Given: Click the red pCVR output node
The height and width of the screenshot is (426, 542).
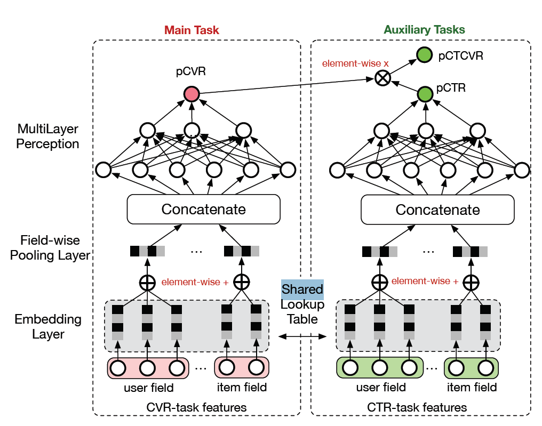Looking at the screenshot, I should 191,95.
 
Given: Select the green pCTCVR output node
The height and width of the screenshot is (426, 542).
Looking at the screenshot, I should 425,54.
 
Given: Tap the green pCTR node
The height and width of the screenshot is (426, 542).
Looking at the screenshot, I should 425,95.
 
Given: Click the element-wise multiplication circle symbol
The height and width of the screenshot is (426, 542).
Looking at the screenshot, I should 382,78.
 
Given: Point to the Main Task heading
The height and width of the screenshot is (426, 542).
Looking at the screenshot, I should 192,30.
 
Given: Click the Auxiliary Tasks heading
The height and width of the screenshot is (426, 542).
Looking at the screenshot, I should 424,30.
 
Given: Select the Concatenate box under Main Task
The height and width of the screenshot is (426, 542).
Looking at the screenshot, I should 203,209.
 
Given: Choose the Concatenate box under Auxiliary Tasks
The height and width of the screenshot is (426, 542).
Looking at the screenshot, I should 437,209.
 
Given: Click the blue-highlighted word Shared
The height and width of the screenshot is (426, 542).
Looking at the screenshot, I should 302,289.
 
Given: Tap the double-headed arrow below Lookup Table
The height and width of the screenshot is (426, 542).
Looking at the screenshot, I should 302,336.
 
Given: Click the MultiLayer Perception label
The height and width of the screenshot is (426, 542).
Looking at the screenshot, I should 48,136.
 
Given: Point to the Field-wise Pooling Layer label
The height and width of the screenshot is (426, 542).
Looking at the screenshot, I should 50,248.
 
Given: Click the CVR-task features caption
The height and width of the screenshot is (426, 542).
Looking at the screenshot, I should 196,407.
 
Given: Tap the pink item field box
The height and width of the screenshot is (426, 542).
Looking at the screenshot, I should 242,367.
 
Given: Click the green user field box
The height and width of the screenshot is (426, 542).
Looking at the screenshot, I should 379,367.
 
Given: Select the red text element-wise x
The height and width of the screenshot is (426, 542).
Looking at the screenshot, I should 355,63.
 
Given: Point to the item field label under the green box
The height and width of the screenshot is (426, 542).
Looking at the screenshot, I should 471,387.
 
